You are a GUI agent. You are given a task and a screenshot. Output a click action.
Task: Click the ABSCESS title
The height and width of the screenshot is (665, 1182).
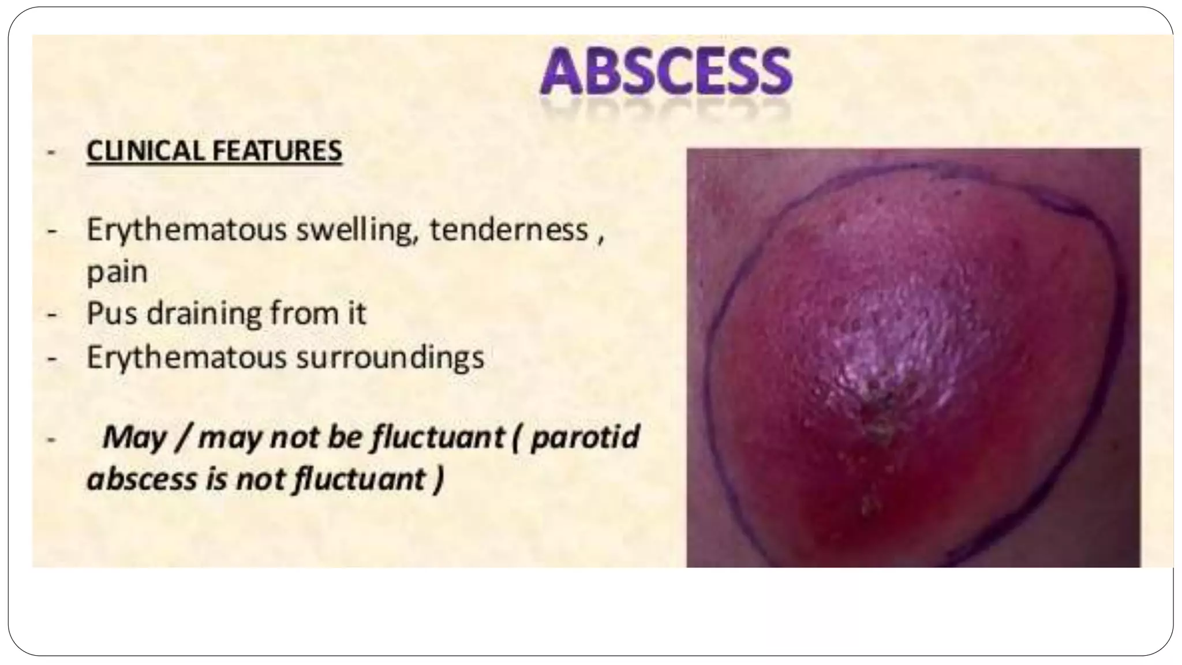coord(666,72)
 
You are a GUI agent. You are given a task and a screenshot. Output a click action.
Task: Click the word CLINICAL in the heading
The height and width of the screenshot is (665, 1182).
coord(147,151)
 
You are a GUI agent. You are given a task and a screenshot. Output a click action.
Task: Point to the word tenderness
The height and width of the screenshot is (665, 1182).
coord(508,230)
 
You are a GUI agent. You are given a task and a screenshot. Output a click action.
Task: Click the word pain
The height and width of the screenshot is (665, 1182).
coord(117,272)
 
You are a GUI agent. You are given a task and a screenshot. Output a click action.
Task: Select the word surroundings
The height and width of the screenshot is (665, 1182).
coord(390,358)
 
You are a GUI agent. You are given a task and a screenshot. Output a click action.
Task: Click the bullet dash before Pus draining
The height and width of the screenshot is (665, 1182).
coord(53,315)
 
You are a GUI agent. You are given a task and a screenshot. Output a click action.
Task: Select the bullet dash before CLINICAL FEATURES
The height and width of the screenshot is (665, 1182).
coord(53,152)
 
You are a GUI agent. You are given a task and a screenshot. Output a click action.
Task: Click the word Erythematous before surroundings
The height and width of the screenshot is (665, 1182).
coord(186,357)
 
